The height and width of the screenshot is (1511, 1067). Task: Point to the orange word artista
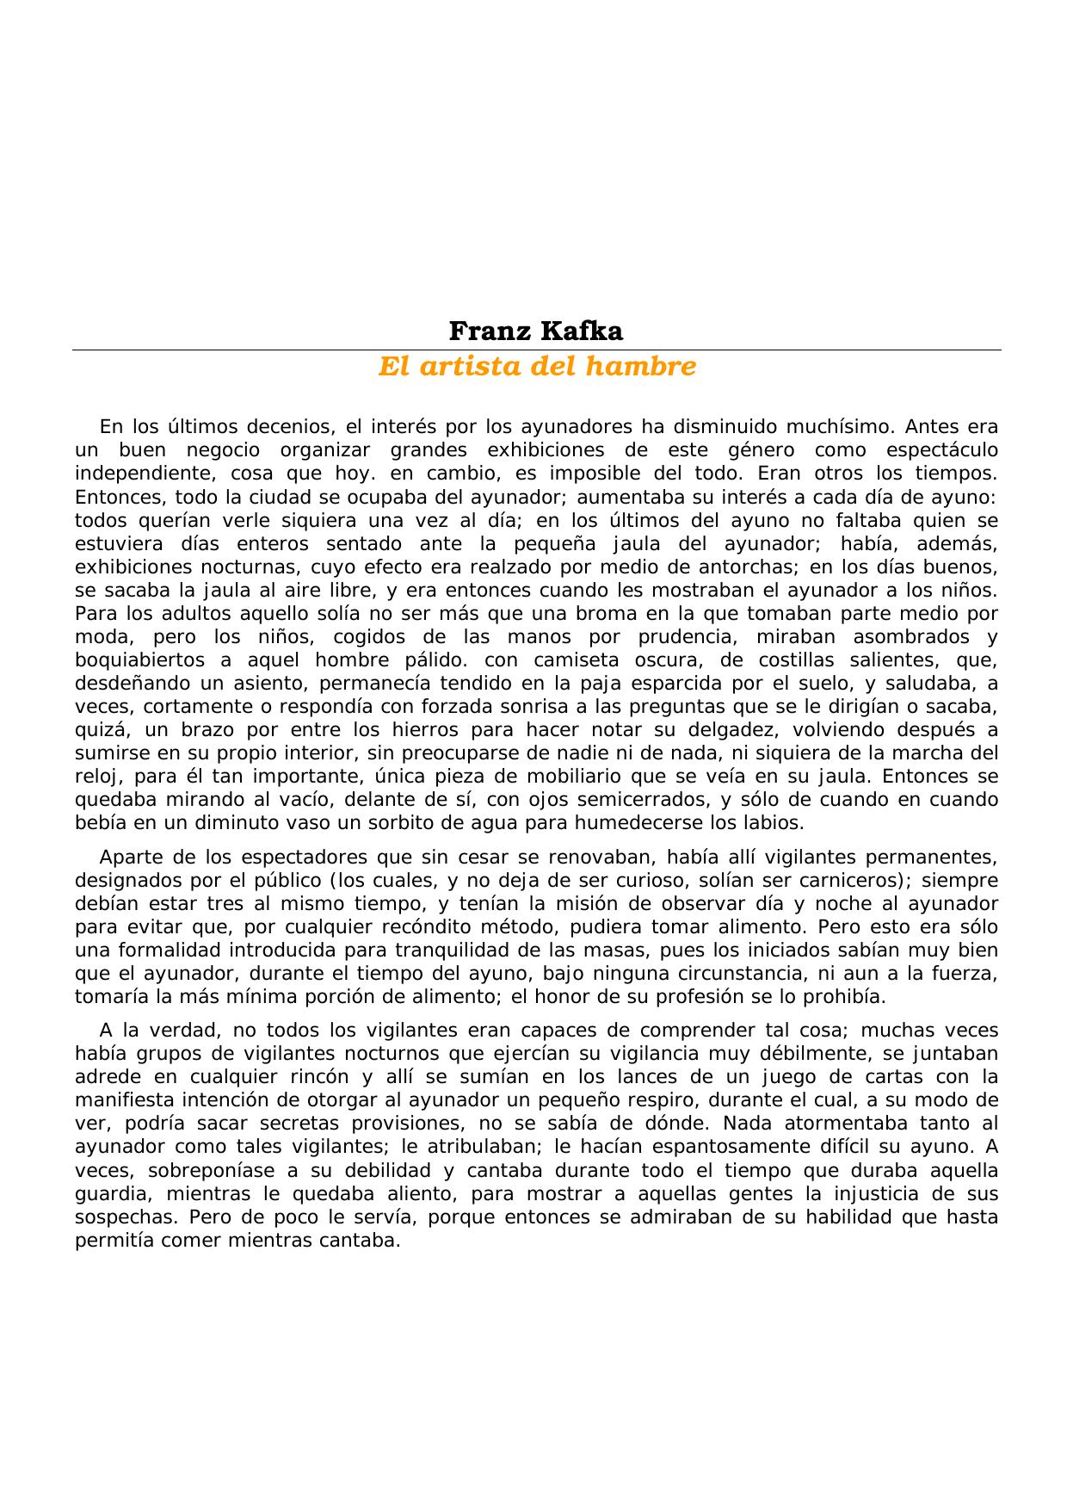pyautogui.click(x=466, y=368)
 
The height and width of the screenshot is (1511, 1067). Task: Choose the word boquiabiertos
pyautogui.click(x=140, y=660)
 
